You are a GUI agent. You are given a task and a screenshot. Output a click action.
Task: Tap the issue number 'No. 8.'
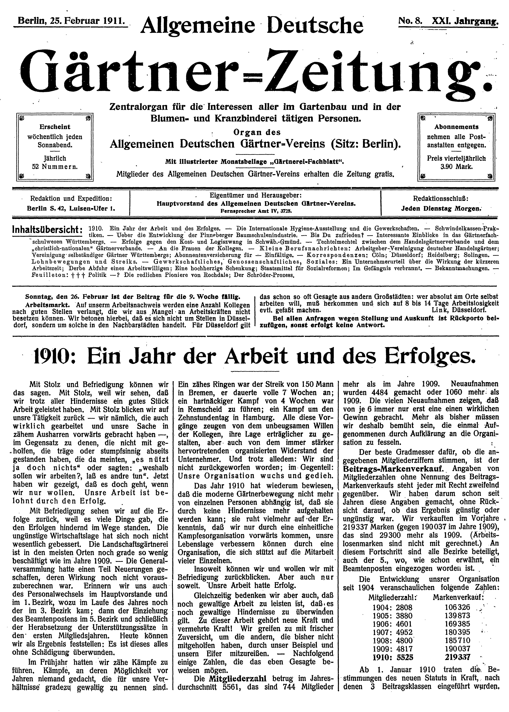(x=410, y=21)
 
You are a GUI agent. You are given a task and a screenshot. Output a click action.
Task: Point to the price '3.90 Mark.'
(x=456, y=167)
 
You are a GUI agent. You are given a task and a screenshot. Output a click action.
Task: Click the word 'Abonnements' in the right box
(x=456, y=127)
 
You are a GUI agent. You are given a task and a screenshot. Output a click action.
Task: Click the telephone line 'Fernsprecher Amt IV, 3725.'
(x=256, y=211)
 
